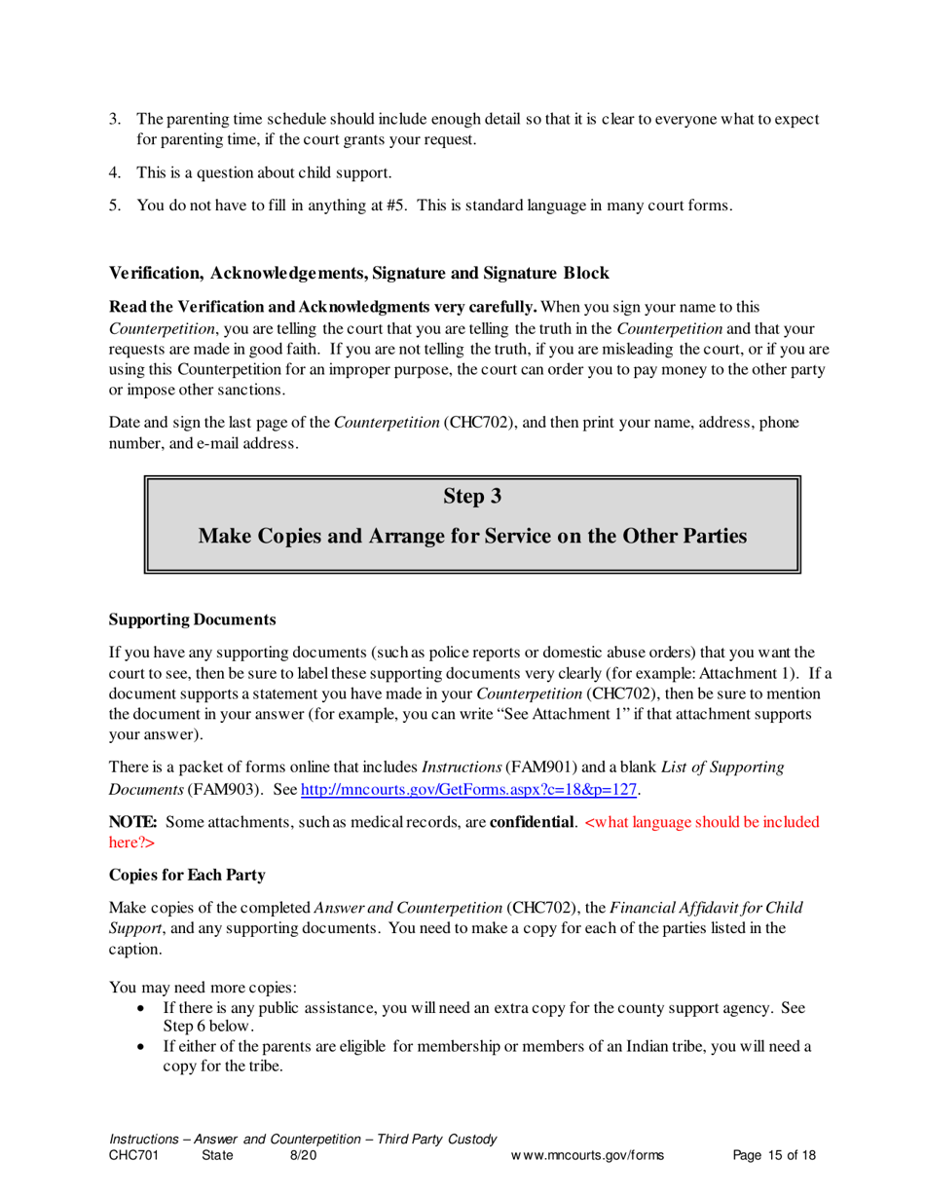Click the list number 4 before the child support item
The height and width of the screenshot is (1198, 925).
coord(113,172)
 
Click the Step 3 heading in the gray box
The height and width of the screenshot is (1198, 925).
coord(472,497)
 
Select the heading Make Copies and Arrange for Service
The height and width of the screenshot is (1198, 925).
coord(472,537)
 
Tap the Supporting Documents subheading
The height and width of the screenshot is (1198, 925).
coord(192,619)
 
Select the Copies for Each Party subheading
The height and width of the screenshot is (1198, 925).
coord(187,875)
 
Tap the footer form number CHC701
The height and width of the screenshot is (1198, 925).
coord(132,1156)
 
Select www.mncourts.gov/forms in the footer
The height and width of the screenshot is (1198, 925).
coord(587,1156)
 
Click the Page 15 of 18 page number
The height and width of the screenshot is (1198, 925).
coord(773,1156)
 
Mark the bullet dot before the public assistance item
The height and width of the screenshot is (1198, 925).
coord(143,1009)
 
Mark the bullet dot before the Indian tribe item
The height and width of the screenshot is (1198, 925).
coord(143,1047)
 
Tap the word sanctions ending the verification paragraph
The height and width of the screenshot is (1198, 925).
coord(251,390)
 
